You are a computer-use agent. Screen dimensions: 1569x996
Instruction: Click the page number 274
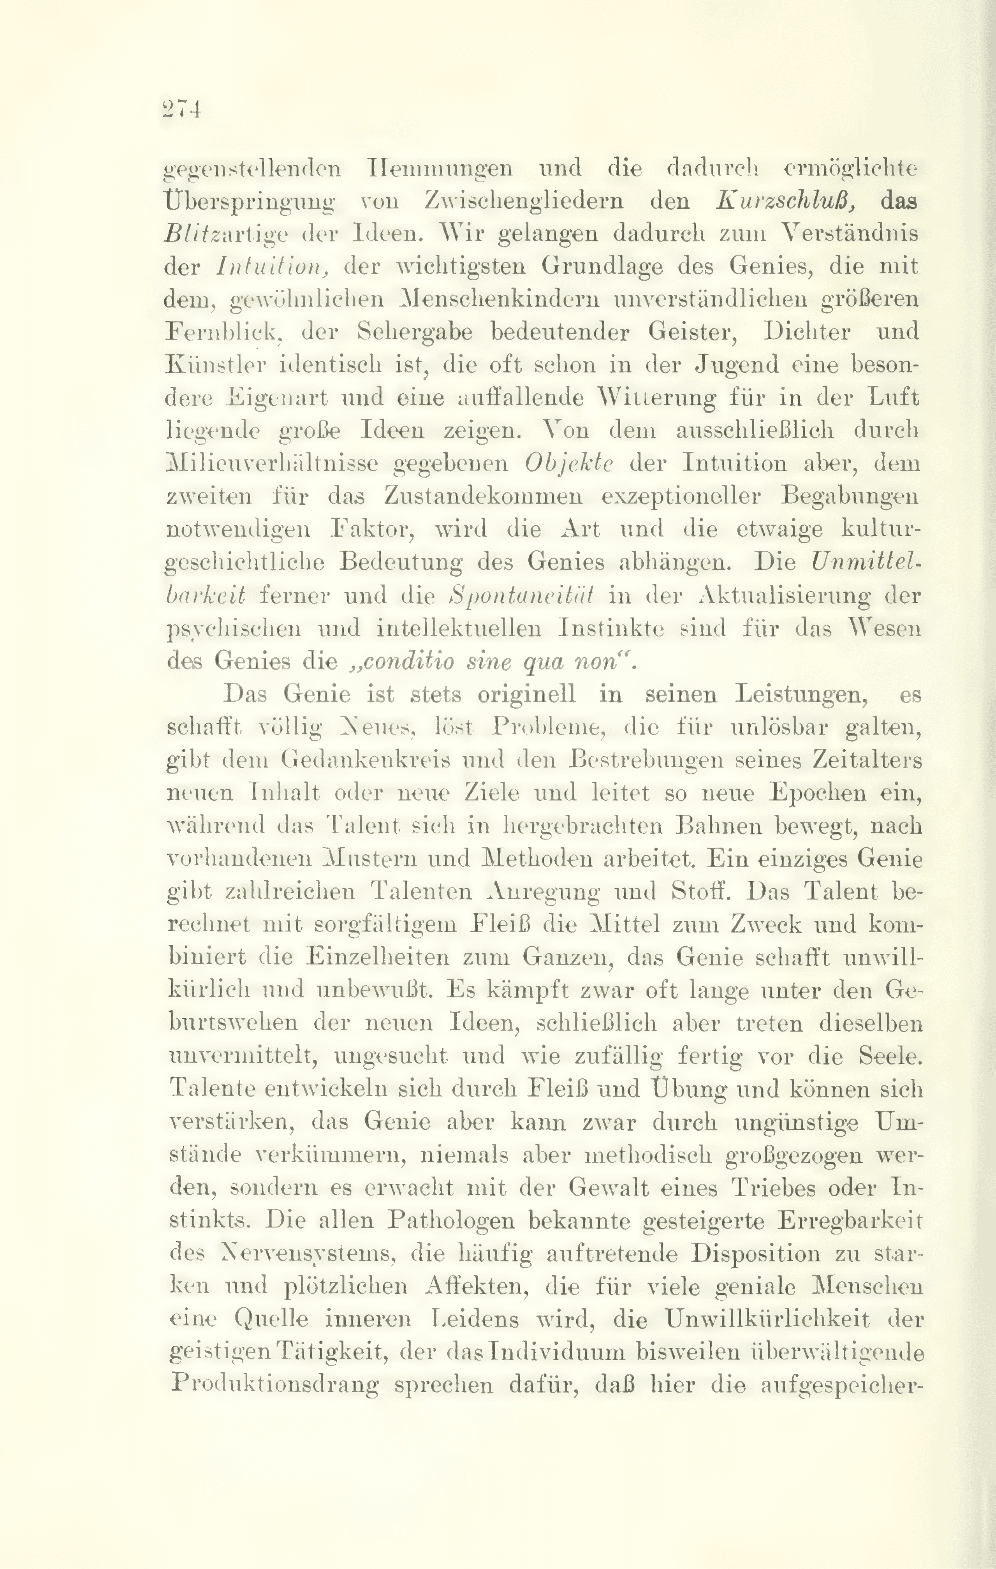point(181,110)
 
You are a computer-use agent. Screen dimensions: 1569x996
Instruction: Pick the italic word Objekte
point(568,463)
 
